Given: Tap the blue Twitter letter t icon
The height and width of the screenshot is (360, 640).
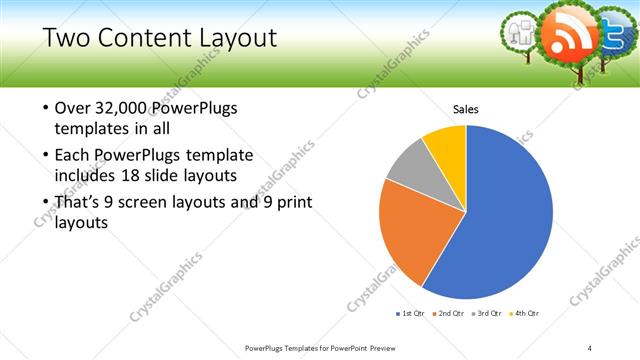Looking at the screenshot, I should (x=613, y=32).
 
